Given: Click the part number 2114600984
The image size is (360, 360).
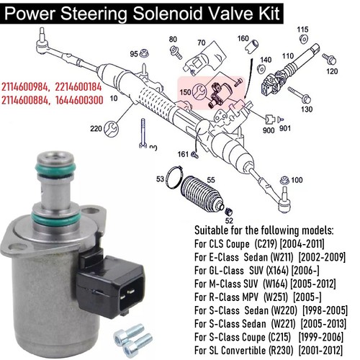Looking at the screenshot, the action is pos(25,86).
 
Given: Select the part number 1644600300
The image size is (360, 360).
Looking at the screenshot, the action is pos(79,100).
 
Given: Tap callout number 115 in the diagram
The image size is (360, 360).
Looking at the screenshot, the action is pos(302,30).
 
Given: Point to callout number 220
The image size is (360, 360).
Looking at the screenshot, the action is pos(96,129).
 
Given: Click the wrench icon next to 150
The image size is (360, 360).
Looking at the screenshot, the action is pos(199,91).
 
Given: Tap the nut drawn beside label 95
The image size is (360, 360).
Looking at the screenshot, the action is pos(145,53).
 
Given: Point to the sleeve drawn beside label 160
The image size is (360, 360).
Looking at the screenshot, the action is pos(252,45).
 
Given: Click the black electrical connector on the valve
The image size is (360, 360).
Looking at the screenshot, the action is pos(111,285).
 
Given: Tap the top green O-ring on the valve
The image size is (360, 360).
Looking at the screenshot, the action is pos(56,168).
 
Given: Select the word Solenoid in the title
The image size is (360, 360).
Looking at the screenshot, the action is pos(168,13).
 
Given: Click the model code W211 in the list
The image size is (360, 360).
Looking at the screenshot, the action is pos(282,257).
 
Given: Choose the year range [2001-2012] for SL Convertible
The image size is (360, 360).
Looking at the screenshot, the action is pos(320,350).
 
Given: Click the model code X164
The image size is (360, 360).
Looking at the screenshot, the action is pos(277,271).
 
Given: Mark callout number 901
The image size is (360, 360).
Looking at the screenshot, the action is pos(285,128).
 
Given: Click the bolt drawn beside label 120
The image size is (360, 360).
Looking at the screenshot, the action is pos(329,58).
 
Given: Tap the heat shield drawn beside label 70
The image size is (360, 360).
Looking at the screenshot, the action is pos(206,59).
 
